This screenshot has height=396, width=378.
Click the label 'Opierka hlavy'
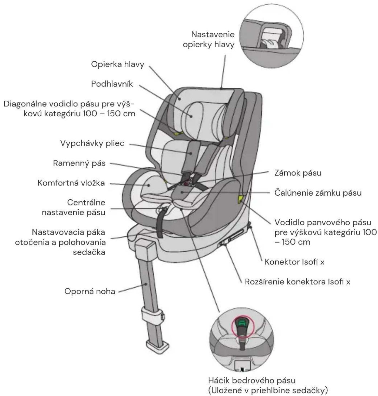[118, 64]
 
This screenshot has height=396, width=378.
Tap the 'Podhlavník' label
[112, 84]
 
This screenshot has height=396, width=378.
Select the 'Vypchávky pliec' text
[92, 143]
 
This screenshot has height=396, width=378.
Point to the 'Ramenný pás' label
[79, 163]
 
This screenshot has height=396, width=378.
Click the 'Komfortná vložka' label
[71, 183]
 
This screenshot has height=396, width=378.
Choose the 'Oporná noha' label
[90, 291]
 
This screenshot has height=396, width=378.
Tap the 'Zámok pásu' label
[298, 173]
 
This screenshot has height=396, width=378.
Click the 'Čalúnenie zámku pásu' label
[318, 193]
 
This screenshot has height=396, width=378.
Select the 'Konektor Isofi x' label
[294, 262]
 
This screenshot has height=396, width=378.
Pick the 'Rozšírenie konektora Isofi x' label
[297, 282]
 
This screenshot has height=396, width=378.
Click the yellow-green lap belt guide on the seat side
[241, 199]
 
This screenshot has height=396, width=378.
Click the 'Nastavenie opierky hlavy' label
[208, 39]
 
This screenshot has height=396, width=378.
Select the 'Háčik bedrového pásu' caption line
[252, 381]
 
